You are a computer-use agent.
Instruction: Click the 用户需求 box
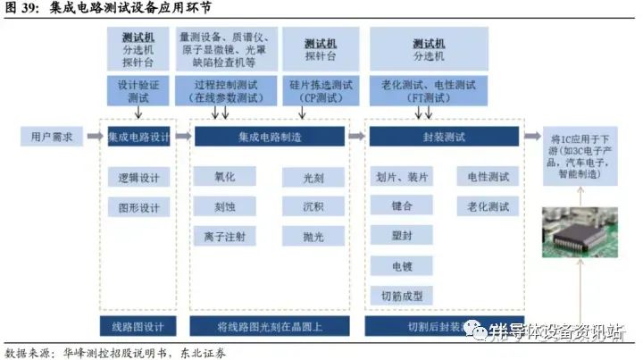point(52,137)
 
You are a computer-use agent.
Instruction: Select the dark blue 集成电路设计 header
point(138,137)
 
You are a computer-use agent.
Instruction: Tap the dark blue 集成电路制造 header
point(269,137)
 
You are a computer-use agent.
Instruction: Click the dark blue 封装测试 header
point(443,137)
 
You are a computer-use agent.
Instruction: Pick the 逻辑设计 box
point(138,178)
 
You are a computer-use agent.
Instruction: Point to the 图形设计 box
point(138,207)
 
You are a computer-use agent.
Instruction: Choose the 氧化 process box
point(224,178)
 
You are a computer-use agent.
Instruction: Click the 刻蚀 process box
point(224,206)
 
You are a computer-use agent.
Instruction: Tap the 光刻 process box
point(313,178)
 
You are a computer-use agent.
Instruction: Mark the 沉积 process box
point(313,206)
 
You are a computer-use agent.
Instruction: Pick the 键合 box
point(402,206)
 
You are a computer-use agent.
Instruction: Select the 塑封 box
point(402,236)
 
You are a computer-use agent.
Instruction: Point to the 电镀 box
point(402,265)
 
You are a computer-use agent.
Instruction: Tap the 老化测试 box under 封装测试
point(488,206)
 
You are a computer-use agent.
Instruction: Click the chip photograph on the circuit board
point(581,232)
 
